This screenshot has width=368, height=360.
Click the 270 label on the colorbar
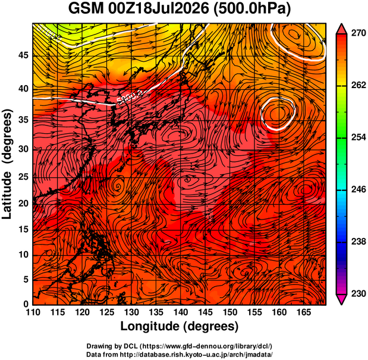point(358,33)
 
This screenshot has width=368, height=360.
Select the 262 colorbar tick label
point(358,85)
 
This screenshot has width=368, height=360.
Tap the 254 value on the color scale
point(358,137)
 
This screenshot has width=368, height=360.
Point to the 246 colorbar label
point(358,189)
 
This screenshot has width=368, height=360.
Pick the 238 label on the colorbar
point(358,242)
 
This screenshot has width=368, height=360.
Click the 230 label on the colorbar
point(358,293)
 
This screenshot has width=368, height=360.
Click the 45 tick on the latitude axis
point(23,55)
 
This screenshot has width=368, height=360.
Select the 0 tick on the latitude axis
point(26,304)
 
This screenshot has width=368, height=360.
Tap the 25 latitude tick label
point(23,177)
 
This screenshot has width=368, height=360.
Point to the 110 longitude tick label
point(33,312)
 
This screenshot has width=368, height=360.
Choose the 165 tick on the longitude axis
point(304,312)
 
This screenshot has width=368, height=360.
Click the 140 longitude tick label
point(181,312)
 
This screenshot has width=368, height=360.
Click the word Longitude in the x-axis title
point(150,326)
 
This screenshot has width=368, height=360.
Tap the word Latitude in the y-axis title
point(7,195)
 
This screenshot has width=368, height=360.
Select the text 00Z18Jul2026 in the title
point(159,9)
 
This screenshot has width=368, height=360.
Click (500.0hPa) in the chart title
point(253,10)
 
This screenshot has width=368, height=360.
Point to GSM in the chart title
point(86,9)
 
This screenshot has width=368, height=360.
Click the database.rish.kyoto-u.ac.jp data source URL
point(196,355)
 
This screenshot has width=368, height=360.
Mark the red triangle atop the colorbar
point(341,29)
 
